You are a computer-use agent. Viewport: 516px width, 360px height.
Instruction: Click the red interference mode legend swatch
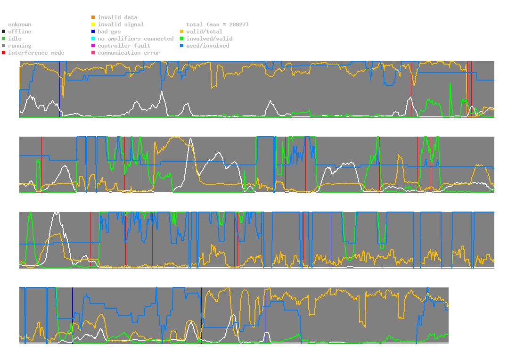(x=4, y=53)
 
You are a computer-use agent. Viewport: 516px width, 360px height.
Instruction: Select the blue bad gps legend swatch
(x=93, y=32)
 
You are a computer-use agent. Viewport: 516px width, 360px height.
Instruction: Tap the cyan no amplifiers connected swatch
(x=93, y=39)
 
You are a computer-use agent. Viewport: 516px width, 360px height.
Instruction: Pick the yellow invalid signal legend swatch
(x=93, y=25)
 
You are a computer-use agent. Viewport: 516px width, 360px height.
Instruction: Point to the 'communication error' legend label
(x=129, y=53)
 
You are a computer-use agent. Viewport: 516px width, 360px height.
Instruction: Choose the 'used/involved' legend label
(x=208, y=46)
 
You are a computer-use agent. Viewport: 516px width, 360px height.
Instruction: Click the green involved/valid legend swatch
(x=182, y=39)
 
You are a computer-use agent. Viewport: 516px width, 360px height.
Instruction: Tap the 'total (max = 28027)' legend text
(x=218, y=25)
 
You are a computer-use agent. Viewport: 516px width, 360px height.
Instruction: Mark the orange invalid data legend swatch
(x=93, y=17)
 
